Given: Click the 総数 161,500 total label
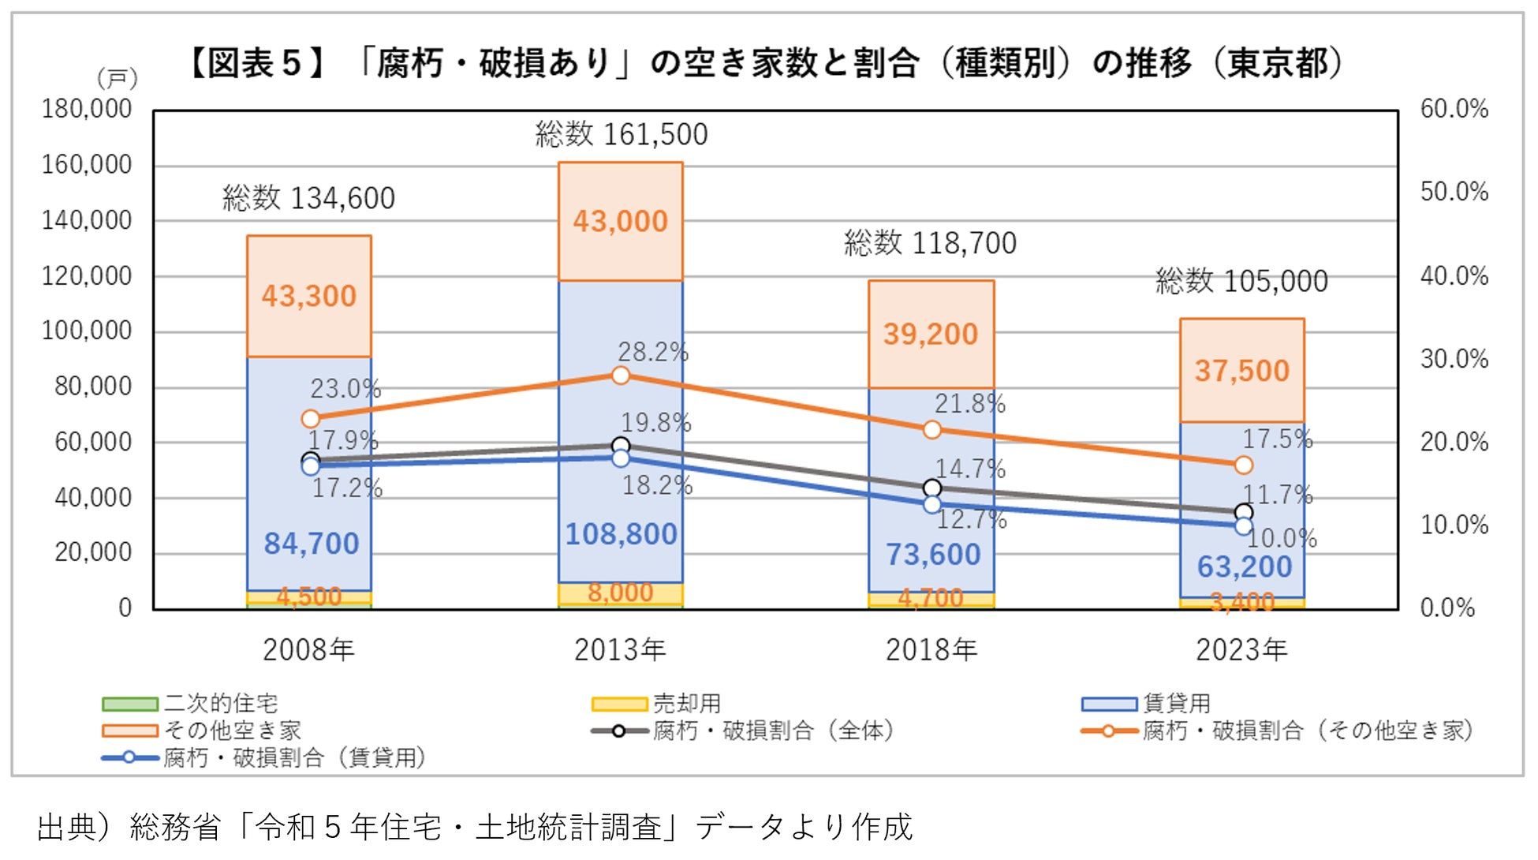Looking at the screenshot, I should [622, 134].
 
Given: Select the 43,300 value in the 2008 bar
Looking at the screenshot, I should [309, 296].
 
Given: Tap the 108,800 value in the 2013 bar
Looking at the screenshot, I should [622, 534].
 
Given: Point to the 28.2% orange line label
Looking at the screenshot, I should [653, 352].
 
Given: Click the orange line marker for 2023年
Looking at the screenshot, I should [1244, 466].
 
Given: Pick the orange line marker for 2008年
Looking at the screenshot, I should [311, 419].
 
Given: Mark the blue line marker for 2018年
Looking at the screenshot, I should [932, 504].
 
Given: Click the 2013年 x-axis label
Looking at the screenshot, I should [620, 650].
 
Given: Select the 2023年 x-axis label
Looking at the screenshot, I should [1241, 650].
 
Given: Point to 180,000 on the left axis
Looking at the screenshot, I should [87, 109].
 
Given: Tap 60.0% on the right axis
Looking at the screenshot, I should [1454, 109].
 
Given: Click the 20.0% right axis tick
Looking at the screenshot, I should [1454, 442].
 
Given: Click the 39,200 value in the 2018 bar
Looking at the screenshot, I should [931, 334].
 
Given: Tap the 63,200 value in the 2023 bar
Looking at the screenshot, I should [1245, 566].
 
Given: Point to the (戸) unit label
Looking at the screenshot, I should [117, 78].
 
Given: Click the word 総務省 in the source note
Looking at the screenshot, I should [175, 827].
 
